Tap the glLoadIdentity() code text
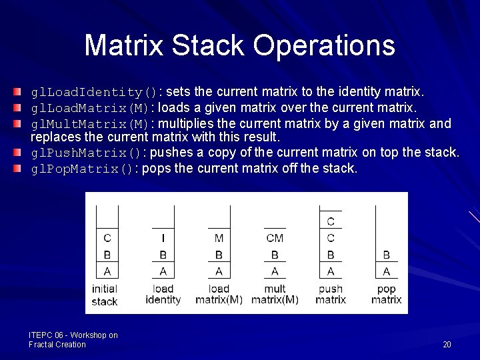[95, 92]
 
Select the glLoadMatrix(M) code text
[91, 108]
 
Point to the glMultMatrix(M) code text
[91, 125]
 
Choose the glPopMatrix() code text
[83, 169]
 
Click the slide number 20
[447, 345]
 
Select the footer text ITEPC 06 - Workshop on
[73, 335]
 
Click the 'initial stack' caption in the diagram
[105, 295]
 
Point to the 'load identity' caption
[163, 295]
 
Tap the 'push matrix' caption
[331, 295]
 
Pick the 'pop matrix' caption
[387, 295]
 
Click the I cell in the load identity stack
[163, 238]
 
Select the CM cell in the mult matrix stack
[275, 238]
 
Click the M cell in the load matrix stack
[219, 238]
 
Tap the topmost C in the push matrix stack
[331, 221]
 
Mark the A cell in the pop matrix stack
[387, 271]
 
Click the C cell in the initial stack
[107, 238]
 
